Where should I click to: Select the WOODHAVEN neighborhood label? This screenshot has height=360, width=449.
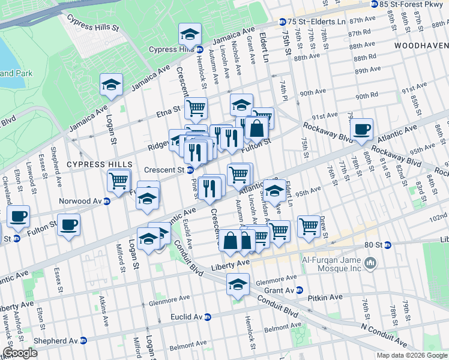[420, 46]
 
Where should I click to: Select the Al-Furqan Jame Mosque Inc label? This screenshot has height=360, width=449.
[330, 262]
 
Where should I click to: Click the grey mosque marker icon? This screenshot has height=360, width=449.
[370, 262]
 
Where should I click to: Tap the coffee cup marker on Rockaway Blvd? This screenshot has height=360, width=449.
[361, 130]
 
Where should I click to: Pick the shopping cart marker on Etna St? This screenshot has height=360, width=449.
[196, 109]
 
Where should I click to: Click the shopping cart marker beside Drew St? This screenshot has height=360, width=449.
[309, 226]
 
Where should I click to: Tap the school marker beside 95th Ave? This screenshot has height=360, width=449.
[275, 192]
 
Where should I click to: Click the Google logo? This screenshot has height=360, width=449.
[20, 353]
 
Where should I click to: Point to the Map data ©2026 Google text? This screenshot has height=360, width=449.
[412, 355]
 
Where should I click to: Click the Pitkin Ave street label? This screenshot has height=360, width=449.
[325, 297]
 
